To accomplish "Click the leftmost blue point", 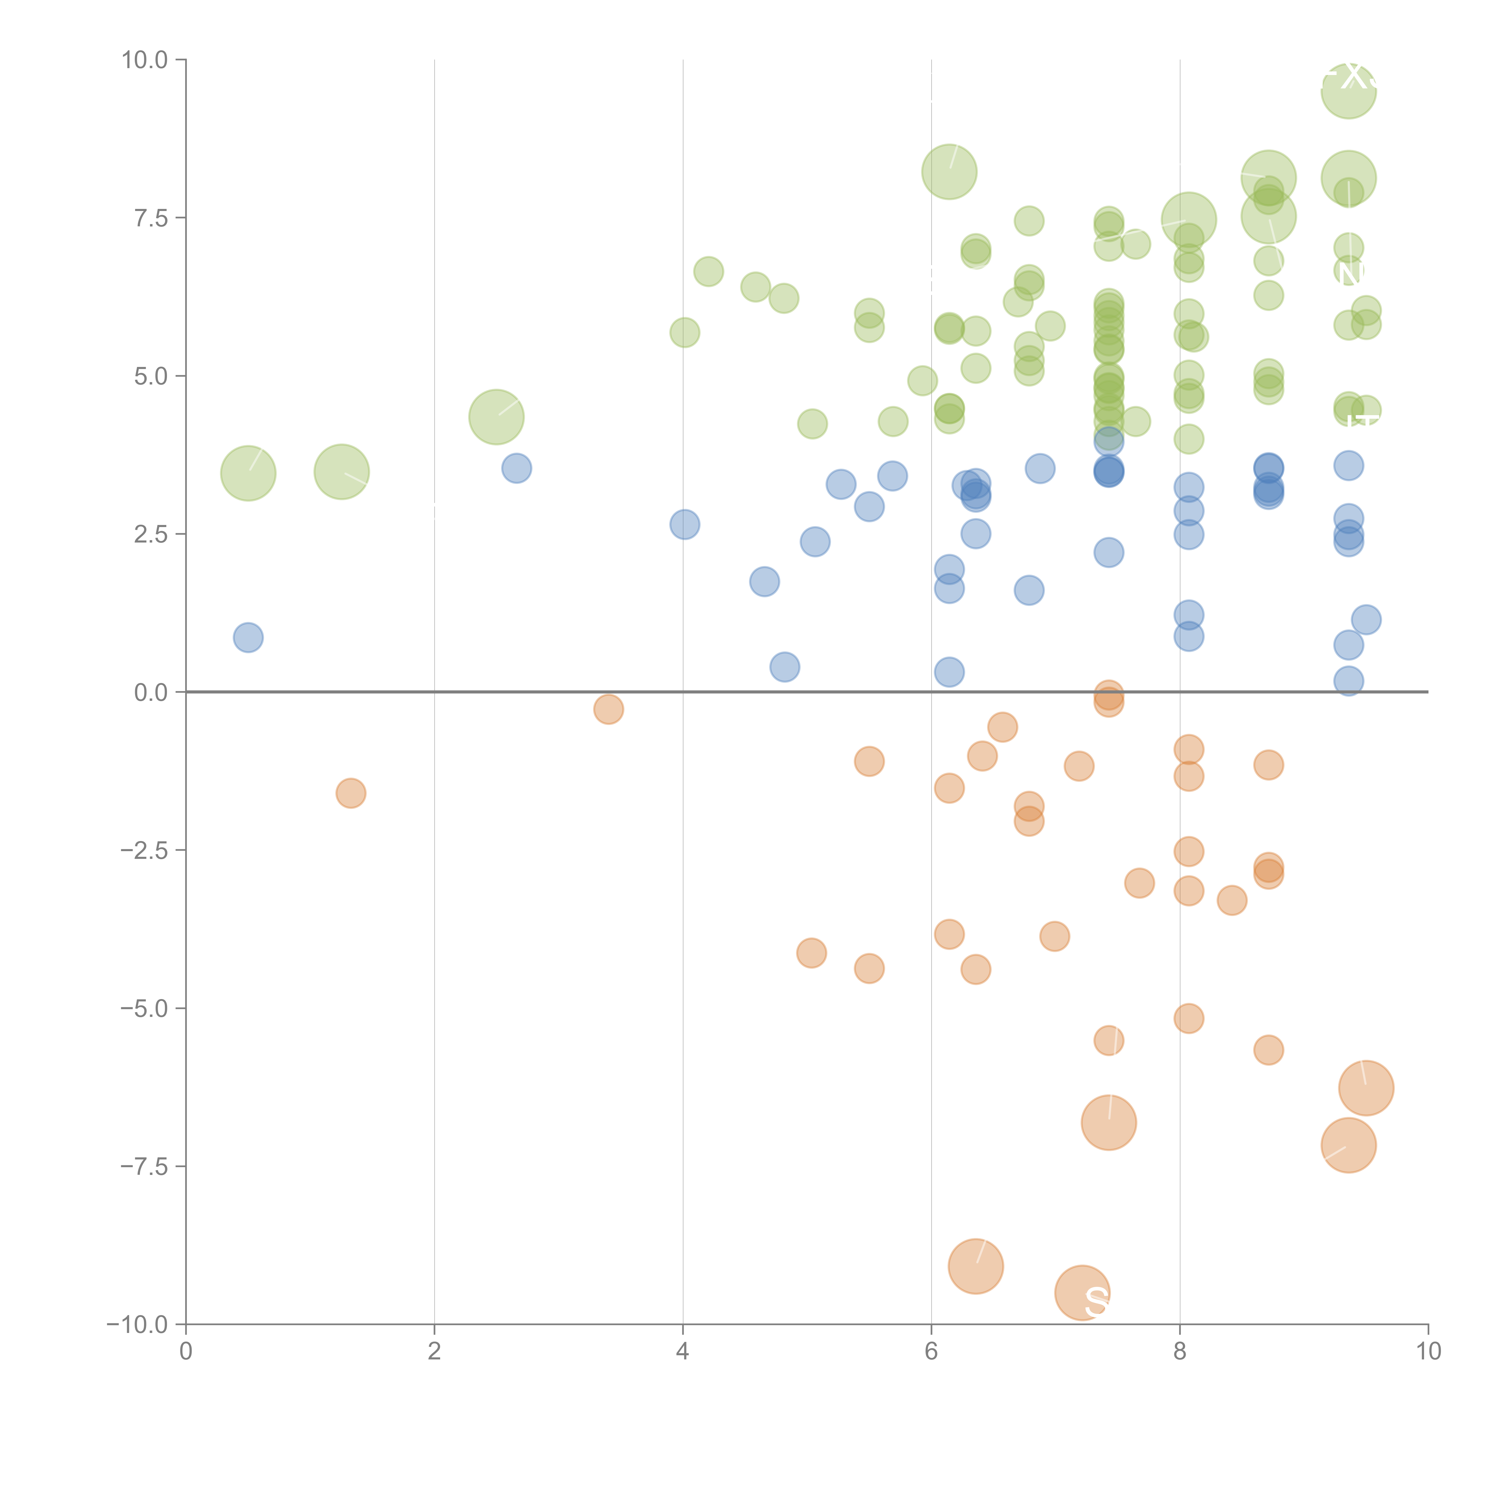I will point(248,638).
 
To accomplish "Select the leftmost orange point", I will point(351,793).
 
